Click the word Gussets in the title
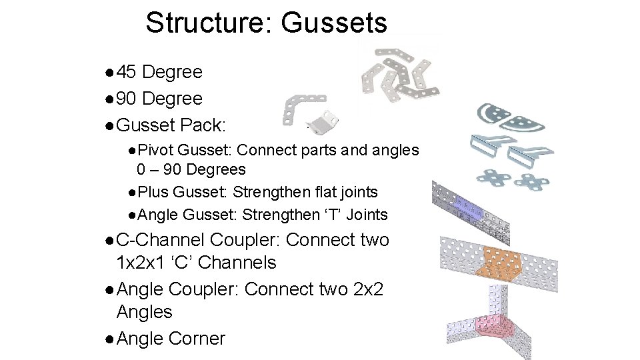coord(333,23)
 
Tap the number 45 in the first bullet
coord(127,72)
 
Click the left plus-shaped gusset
coord(493,178)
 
